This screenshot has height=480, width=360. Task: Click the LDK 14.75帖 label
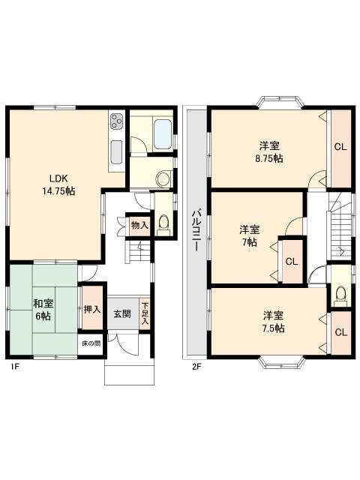pos(58,185)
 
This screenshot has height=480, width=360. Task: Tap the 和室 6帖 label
pos(43,310)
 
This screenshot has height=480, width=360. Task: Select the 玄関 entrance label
pos(122,313)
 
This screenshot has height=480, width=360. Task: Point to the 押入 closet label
pos(92,309)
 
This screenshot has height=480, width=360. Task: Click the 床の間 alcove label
pos(91,343)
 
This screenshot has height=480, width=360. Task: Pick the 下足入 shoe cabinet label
pos(145,313)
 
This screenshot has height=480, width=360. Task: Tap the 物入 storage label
pos(139,225)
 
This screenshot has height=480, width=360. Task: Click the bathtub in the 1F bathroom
pos(163,134)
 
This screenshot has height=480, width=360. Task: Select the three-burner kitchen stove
pos(117,121)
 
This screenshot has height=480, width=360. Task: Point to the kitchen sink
pos(117,152)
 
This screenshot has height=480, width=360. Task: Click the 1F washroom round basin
pos(163,178)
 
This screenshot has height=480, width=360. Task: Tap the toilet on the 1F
pos(163,224)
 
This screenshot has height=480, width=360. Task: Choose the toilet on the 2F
pos(340,295)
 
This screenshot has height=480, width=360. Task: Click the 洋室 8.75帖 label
pos(269,151)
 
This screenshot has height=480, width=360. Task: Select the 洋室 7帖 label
pos(250,235)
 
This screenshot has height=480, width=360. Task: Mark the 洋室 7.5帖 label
pos(273,322)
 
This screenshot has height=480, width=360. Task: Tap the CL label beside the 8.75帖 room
pos(340,147)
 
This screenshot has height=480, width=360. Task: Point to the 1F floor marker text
pos(15,367)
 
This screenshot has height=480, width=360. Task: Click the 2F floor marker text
pos(196,367)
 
